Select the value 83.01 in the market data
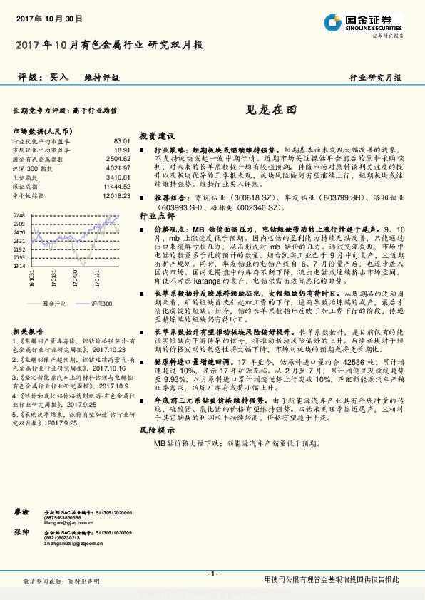[x=122, y=142]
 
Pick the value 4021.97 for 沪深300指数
[x=118, y=168]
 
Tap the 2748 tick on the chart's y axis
[x=20, y=214]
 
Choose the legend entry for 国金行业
[x=54, y=303]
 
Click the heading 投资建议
[x=156, y=135]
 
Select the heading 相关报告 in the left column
[x=29, y=331]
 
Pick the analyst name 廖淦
[x=22, y=512]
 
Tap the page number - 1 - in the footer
[x=212, y=573]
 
